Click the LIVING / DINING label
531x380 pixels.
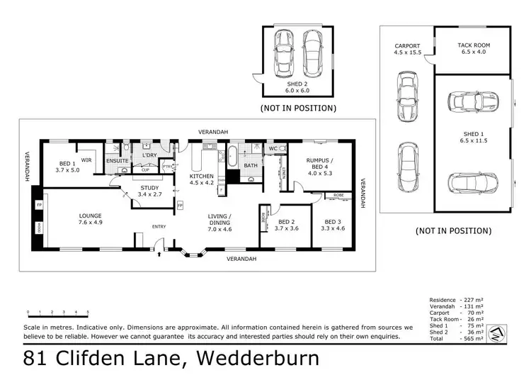pos(219,220)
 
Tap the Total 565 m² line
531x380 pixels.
pos(456,340)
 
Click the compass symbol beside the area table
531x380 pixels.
pos(501,330)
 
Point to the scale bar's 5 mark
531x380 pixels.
pos(88,312)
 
